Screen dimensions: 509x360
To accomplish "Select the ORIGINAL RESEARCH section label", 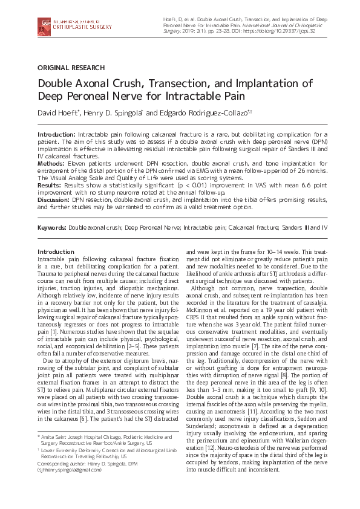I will coord(71,68).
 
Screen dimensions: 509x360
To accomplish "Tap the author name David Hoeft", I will coord(61,112).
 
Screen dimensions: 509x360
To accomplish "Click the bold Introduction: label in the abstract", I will coord(57,133).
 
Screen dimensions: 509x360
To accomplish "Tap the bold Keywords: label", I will coord(52,227).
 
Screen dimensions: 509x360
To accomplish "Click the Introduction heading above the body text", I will coord(56,251).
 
